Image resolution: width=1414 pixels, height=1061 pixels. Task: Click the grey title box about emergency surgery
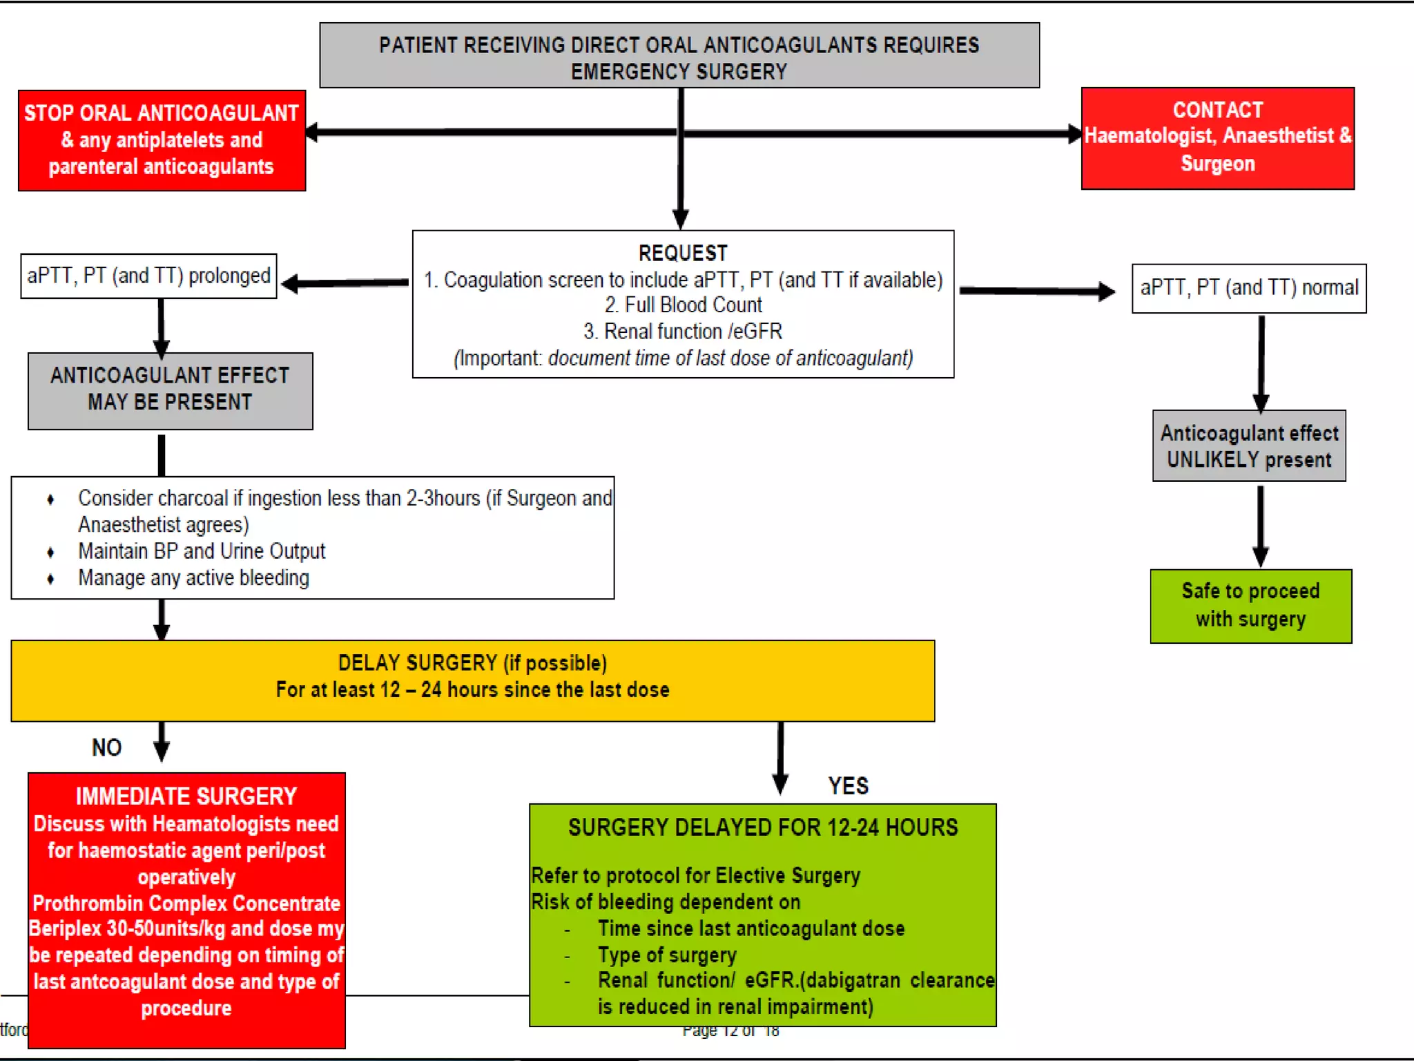[x=679, y=56]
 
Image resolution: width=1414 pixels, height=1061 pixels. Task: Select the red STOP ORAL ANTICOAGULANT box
[x=162, y=140]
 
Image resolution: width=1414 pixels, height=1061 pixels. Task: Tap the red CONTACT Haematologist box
[x=1217, y=138]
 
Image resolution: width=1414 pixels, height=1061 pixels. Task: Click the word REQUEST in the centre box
[x=682, y=254]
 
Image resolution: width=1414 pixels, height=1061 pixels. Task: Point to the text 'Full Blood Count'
[x=693, y=305]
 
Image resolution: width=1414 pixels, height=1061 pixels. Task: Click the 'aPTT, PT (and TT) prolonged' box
[x=148, y=276]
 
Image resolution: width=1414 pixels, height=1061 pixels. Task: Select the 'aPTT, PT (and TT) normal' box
[x=1248, y=288]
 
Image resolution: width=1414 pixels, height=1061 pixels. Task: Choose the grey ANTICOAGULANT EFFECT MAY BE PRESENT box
[x=170, y=390]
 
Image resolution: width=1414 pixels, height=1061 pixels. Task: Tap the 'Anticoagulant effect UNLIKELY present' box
[x=1248, y=446]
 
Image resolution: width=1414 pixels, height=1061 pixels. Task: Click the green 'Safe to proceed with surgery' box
[x=1250, y=606]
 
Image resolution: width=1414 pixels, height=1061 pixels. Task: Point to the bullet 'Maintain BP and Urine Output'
[x=201, y=551]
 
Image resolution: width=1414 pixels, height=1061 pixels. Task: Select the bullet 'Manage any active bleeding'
[x=193, y=578]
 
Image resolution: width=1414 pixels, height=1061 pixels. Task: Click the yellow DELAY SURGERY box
[x=472, y=680]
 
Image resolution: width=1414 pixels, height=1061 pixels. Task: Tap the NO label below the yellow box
[x=106, y=747]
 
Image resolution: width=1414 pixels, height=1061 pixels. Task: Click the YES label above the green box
[x=848, y=786]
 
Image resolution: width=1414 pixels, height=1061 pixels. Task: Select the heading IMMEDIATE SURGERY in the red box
[x=186, y=796]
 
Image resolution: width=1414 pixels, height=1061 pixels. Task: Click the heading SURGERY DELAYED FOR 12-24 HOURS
[x=762, y=828]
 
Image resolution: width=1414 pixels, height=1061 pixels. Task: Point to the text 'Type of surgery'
[x=667, y=955]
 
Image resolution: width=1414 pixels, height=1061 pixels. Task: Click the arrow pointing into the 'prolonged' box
[x=345, y=283]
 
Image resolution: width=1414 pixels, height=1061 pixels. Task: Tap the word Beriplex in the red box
[x=66, y=929]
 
